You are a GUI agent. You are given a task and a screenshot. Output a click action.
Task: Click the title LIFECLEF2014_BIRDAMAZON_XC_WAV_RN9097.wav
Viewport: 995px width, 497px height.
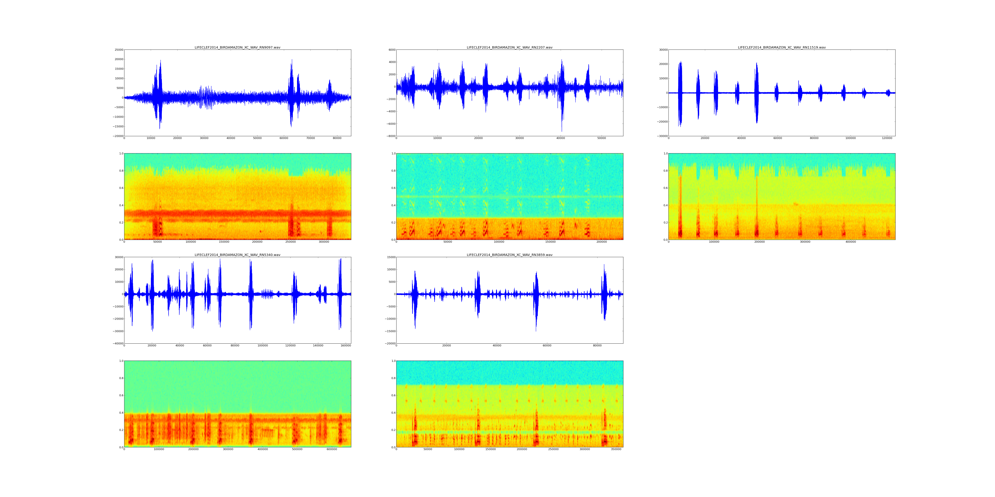click(x=237, y=47)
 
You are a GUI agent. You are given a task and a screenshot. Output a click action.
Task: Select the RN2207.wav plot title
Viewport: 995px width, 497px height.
click(x=509, y=47)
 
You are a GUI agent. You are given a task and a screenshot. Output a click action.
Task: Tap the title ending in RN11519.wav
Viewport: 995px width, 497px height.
click(x=781, y=47)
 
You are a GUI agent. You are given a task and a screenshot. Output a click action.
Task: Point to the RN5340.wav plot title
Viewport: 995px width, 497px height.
click(x=237, y=255)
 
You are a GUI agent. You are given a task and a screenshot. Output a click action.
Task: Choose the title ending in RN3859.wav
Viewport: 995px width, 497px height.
click(x=509, y=255)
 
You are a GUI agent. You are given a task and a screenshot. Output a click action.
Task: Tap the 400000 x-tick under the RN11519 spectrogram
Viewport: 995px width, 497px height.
click(x=851, y=242)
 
